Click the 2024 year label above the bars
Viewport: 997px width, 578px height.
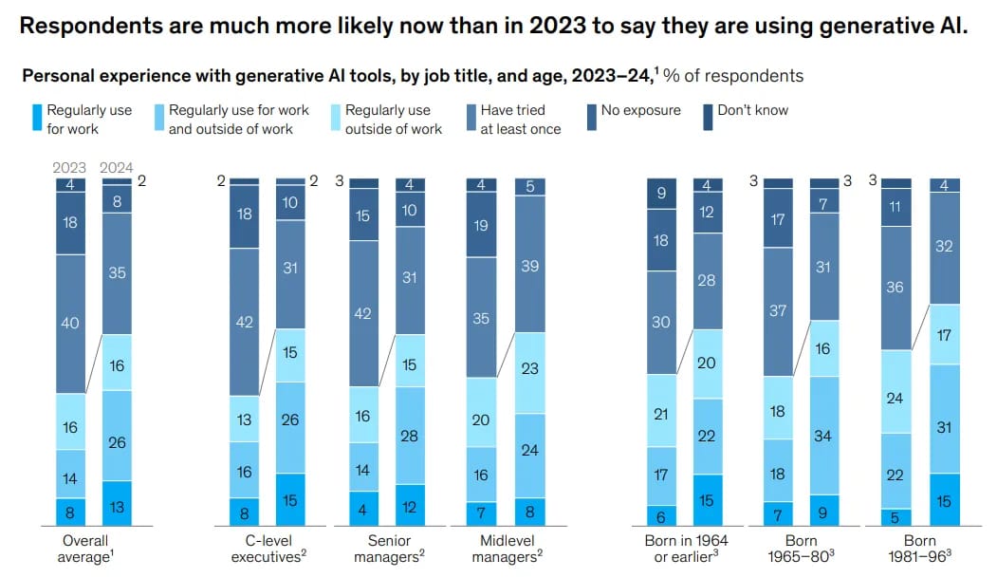point(117,168)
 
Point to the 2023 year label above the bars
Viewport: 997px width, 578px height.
point(69,168)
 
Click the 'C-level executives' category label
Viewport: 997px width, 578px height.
point(268,548)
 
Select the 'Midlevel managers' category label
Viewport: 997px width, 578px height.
point(506,548)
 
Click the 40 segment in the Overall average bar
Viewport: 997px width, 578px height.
point(69,324)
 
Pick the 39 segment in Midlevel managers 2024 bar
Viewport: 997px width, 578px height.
point(530,265)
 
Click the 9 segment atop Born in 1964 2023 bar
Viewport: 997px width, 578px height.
point(661,194)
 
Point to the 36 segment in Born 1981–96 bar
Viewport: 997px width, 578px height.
point(895,287)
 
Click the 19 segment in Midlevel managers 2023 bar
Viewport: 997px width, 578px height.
point(482,226)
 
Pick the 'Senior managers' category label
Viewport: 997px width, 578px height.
point(385,548)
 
